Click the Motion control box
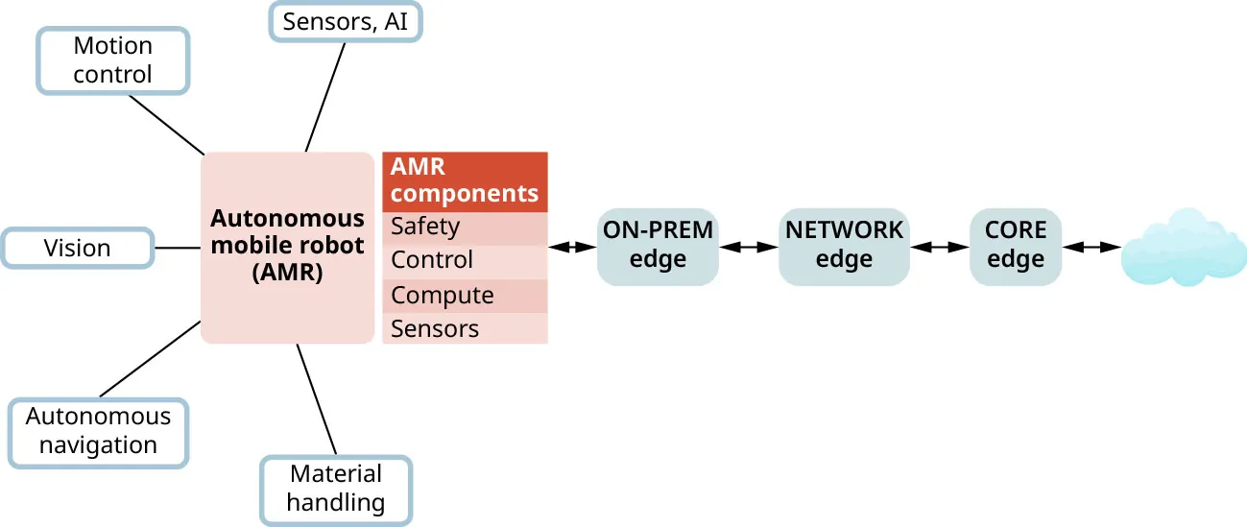(113, 60)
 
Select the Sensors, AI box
(346, 21)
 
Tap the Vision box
(78, 248)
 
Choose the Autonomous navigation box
(98, 432)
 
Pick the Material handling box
(336, 489)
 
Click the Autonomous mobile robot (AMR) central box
(287, 247)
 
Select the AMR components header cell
(465, 180)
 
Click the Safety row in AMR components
(465, 228)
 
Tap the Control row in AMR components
(465, 260)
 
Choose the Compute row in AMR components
(465, 295)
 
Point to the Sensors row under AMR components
(465, 328)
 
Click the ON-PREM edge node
(658, 246)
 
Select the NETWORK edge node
(844, 246)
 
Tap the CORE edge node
(1016, 246)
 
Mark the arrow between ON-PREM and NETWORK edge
(749, 247)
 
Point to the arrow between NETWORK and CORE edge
(940, 247)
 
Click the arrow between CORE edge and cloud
(1092, 247)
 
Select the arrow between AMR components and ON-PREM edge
(572, 247)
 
